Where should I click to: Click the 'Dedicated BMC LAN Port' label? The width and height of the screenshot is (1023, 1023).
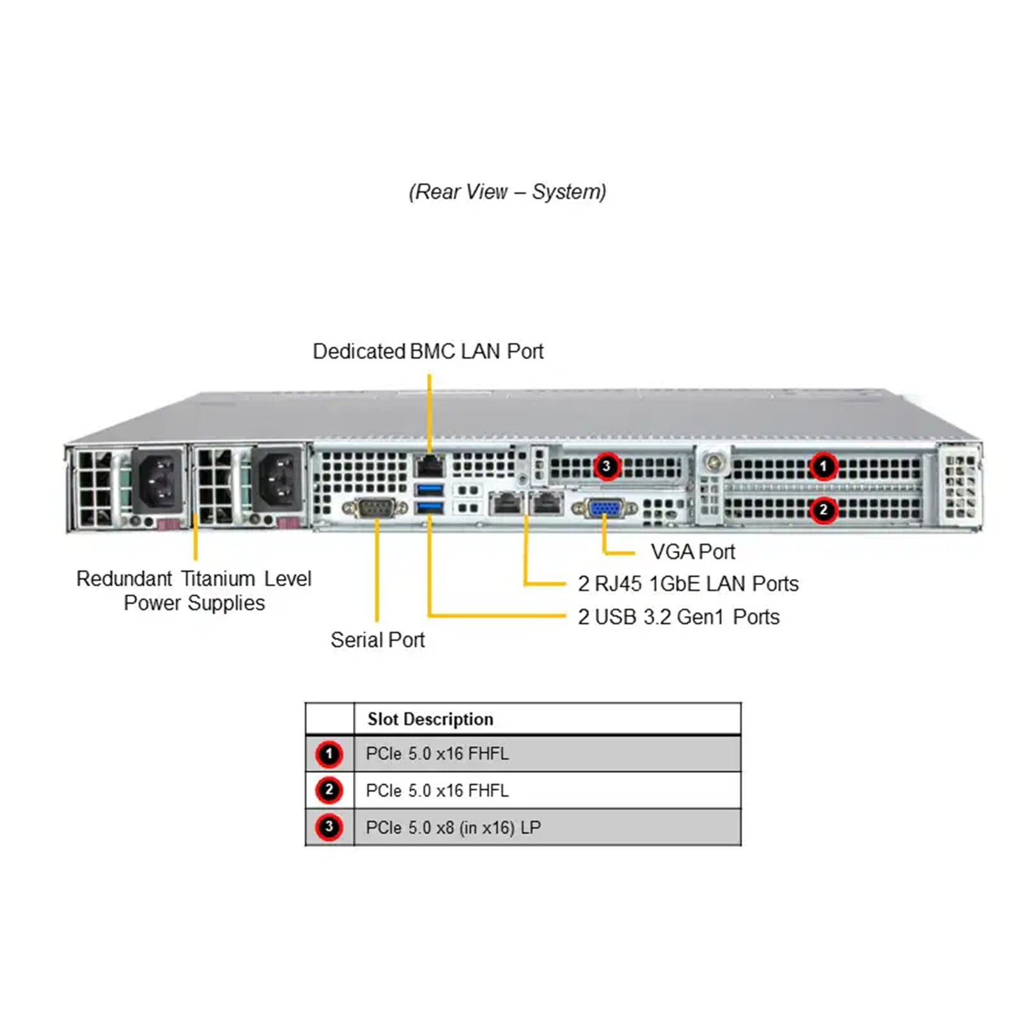point(428,352)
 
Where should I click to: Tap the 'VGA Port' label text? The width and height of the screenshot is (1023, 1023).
point(692,552)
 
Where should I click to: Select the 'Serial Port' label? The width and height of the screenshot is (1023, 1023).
point(377,640)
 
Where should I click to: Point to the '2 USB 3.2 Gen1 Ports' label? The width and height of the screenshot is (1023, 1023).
point(678,617)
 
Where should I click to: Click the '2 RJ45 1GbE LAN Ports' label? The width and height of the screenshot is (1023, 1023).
point(688,584)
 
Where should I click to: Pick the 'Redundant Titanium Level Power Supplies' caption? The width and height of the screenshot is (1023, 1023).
point(194,591)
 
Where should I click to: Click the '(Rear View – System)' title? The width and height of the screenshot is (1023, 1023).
point(508,192)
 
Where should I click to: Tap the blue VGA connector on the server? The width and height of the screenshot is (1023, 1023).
point(604,509)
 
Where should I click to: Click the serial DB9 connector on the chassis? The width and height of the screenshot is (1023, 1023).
point(375,509)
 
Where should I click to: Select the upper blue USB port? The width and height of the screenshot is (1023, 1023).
point(430,490)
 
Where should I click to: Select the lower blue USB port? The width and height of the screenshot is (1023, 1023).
point(430,508)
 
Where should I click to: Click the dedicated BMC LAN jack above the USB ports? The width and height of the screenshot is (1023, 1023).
point(430,466)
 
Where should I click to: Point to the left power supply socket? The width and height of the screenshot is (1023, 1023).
point(157,480)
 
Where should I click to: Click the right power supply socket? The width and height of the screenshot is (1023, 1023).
point(277,480)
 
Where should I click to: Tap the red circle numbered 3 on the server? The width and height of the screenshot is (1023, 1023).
point(607,466)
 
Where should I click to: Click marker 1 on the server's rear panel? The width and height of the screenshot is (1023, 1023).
point(824,466)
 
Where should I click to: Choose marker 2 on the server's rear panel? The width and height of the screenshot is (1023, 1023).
point(824,510)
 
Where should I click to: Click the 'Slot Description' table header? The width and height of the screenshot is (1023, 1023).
point(430,719)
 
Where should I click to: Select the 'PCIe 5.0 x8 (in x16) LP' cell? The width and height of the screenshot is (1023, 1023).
point(453,828)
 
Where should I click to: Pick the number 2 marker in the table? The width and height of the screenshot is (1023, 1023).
point(329,791)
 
